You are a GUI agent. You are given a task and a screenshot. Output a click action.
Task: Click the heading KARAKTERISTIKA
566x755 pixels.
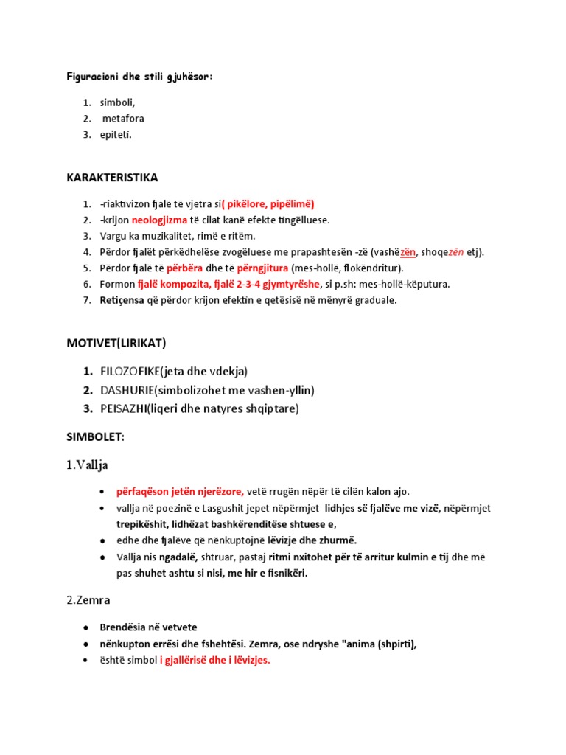coord(112,178)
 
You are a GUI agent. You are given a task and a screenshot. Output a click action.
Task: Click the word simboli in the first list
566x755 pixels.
coord(118,102)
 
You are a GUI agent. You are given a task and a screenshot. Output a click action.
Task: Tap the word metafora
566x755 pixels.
coord(123,119)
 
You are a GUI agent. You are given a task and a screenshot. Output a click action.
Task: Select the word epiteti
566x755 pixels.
coord(116,134)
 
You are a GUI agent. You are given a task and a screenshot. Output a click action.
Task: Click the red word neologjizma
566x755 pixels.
coord(159,220)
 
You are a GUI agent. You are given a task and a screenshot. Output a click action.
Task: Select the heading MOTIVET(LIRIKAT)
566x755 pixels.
coord(116,343)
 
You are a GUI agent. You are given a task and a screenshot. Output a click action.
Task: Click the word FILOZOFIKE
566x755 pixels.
coord(130,371)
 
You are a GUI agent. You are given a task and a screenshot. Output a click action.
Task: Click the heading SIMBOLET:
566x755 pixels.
coord(96,436)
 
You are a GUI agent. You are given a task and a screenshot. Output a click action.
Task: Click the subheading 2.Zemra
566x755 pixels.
coord(91,600)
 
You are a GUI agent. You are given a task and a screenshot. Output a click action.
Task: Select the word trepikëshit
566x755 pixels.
coord(146,524)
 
